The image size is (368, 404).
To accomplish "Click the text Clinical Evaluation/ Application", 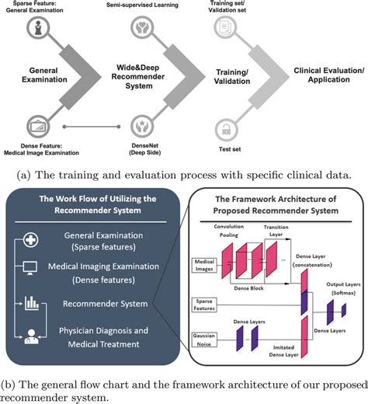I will pyautogui.click(x=328, y=75).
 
